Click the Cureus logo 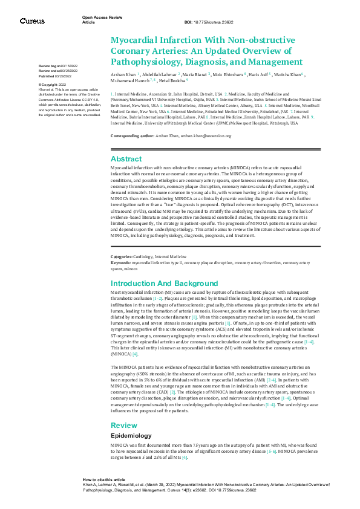point(32,21)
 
